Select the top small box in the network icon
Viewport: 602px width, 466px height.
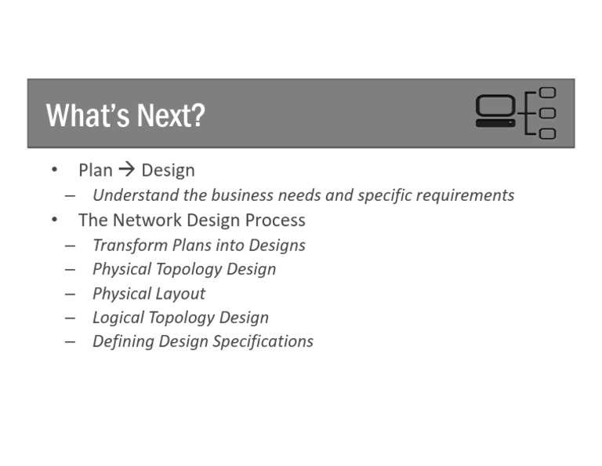pos(547,93)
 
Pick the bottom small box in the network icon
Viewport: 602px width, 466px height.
pos(547,133)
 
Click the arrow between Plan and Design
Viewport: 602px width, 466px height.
pos(127,170)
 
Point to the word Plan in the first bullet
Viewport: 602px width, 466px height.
pos(96,170)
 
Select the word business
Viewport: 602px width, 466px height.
pos(243,195)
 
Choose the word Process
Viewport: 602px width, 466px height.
pos(274,220)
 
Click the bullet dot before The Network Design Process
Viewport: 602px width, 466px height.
pos(54,220)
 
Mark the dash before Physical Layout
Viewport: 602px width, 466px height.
pos(71,293)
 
